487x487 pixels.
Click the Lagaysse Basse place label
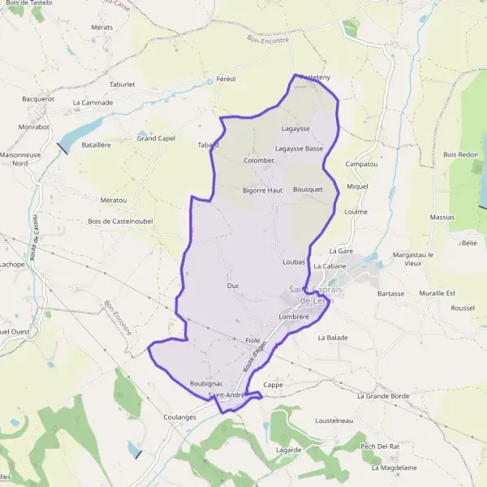click(300, 149)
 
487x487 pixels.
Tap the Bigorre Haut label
click(262, 190)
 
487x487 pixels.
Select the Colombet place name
click(259, 160)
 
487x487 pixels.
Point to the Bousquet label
click(308, 189)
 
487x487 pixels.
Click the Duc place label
click(233, 286)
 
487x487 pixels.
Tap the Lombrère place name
click(294, 317)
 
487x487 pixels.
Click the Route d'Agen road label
click(254, 358)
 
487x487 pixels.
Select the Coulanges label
click(180, 417)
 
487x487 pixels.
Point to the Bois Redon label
click(461, 154)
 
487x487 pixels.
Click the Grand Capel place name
click(156, 138)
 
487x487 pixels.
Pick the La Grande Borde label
click(384, 396)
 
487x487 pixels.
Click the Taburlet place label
click(122, 84)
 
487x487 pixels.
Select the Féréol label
click(226, 79)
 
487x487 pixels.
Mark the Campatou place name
click(362, 164)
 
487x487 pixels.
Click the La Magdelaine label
click(394, 468)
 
